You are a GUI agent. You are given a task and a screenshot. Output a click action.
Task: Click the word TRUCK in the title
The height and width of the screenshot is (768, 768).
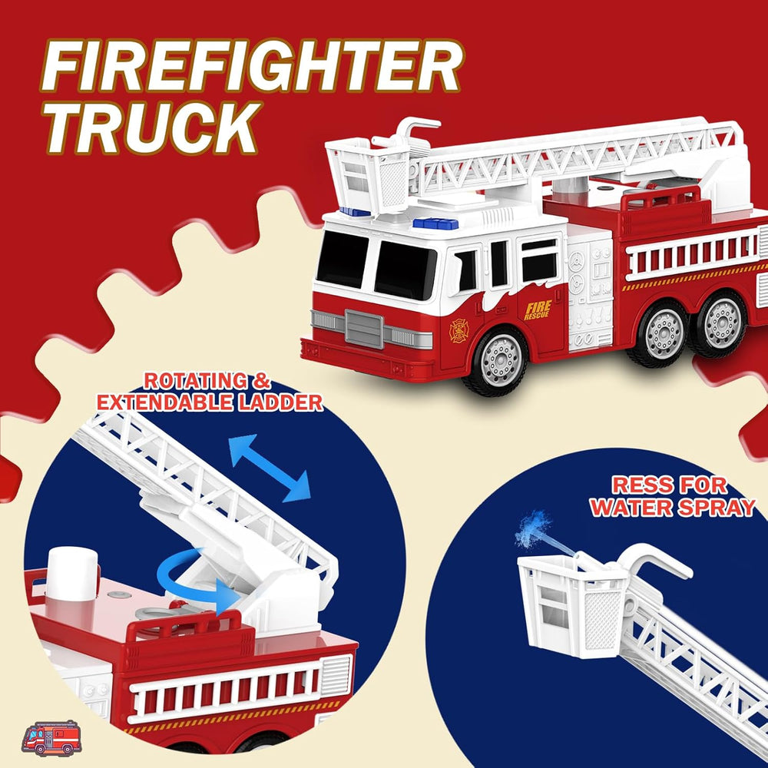[x=152, y=127]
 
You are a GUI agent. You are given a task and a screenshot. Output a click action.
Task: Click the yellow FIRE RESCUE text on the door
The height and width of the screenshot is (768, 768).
[x=538, y=310]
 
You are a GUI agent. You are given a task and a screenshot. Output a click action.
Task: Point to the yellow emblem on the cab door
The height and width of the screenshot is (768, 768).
[x=459, y=330]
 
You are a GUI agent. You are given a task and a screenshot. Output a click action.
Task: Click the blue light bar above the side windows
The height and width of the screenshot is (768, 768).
[x=435, y=223]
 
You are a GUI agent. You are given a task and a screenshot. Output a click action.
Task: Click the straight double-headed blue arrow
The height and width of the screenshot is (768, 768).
[x=270, y=468]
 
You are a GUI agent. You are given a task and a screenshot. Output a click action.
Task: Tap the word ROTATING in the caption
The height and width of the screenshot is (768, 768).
[x=195, y=381]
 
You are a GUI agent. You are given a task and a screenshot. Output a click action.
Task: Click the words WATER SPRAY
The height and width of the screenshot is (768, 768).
[x=673, y=508]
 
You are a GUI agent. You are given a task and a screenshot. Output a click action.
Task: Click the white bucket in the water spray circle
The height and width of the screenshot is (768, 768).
[x=573, y=604]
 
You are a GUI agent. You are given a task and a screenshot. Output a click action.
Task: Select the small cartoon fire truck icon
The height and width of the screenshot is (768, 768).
[x=51, y=737]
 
